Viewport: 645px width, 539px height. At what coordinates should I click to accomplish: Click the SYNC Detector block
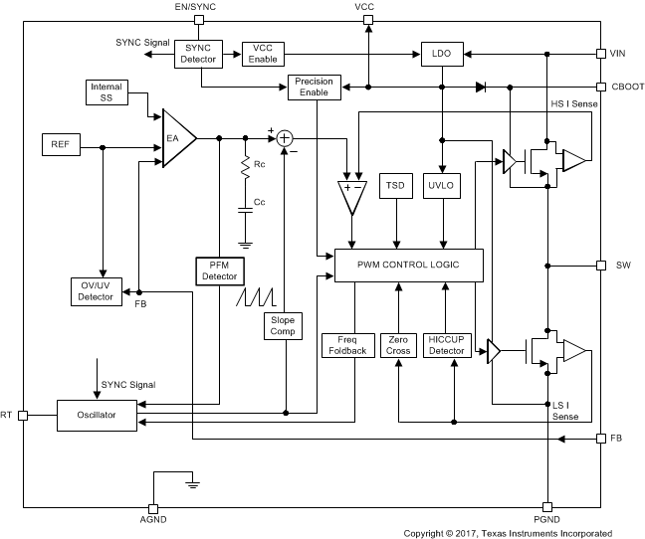tap(198, 54)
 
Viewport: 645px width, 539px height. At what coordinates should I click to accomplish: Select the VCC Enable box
tap(263, 54)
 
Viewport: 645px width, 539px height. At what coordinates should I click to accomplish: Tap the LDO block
tap(440, 54)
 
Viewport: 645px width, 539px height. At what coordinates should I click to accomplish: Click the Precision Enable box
tap(315, 87)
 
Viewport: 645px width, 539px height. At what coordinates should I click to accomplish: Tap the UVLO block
tap(440, 186)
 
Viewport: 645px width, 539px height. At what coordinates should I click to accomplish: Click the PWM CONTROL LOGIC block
tap(408, 265)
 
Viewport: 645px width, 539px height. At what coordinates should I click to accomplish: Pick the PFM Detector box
tap(219, 269)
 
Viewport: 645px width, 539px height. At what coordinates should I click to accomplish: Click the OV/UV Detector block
tap(96, 290)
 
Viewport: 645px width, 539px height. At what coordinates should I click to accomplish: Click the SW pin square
tap(600, 266)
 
